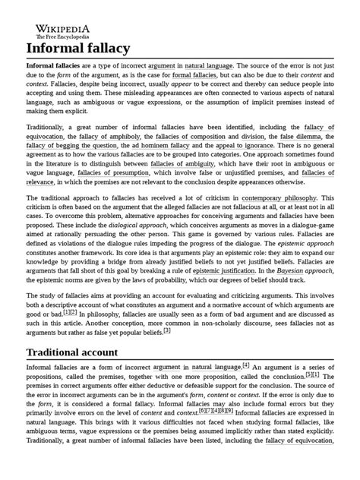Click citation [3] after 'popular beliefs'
coord(167,330)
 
